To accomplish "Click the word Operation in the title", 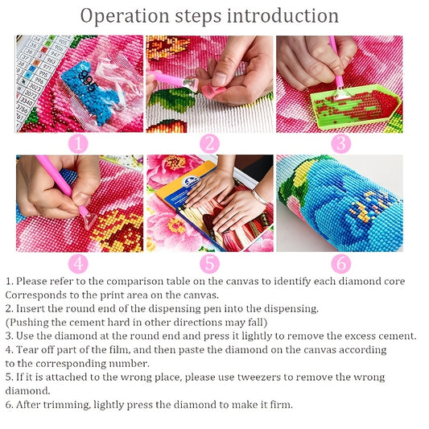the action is (x=125, y=16).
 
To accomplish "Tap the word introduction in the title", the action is (x=283, y=16).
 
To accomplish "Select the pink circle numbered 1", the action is (x=78, y=144).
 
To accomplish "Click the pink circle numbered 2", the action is (x=209, y=144).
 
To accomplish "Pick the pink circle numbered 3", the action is (x=341, y=144).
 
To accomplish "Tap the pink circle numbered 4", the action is (x=78, y=264).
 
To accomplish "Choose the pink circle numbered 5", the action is (x=209, y=264).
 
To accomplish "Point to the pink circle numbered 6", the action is (x=341, y=264).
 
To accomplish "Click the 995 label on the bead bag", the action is (x=88, y=80).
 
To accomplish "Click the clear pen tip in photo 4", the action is (x=89, y=221).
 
